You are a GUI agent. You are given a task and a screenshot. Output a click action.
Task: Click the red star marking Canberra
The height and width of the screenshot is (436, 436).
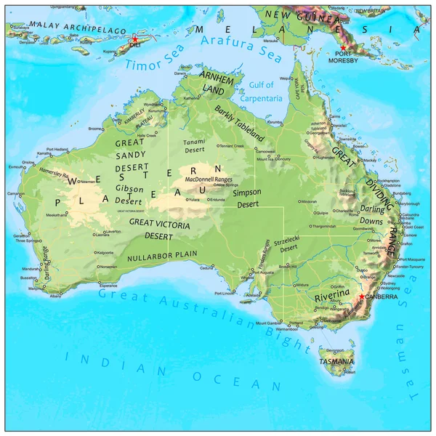click(362, 296)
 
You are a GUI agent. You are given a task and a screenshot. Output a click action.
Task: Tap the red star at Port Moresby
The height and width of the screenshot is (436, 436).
click(343, 48)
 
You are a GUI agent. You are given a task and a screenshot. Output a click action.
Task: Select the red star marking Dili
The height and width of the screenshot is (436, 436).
click(134, 39)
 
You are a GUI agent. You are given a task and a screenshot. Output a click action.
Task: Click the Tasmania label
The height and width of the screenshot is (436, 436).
click(336, 361)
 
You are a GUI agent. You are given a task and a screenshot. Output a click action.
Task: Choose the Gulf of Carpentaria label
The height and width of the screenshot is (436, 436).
click(261, 92)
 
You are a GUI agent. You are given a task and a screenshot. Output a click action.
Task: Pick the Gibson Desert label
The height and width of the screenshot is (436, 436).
click(129, 193)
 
